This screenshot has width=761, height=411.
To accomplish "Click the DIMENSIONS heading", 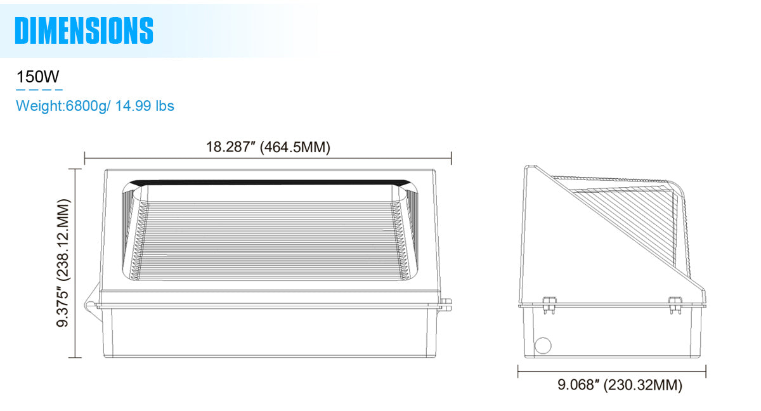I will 84,30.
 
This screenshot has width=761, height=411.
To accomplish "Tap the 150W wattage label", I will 38,77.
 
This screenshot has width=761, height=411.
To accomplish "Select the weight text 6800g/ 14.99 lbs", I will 95,106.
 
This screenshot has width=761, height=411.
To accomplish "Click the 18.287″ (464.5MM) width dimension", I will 268,147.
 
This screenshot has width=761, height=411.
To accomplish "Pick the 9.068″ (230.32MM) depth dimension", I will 620,384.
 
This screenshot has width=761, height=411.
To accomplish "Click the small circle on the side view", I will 543,346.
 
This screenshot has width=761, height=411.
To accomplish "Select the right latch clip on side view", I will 673,303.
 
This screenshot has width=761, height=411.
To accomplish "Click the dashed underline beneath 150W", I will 39,90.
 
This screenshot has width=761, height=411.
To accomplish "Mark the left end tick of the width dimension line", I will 85,157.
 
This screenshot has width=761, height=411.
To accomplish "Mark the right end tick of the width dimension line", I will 451,157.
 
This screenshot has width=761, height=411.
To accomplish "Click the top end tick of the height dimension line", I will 75,169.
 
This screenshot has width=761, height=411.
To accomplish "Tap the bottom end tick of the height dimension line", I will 75,357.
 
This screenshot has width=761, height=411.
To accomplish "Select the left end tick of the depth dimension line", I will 519,371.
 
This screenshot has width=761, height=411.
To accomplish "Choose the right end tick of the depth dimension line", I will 706,371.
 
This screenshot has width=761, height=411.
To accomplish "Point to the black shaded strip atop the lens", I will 266,183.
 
